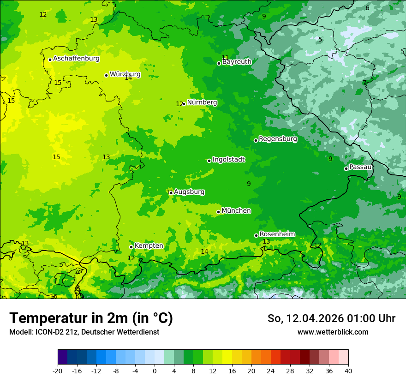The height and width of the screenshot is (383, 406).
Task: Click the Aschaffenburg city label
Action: click(x=76, y=59)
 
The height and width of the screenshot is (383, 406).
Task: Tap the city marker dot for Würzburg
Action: click(x=106, y=75)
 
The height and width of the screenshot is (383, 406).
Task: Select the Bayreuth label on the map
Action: click(x=237, y=62)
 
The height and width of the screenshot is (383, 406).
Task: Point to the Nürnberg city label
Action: click(x=202, y=102)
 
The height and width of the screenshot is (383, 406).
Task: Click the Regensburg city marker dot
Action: click(x=256, y=140)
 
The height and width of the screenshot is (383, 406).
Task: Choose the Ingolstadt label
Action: click(x=228, y=160)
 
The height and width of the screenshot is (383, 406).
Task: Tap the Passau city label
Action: click(x=360, y=167)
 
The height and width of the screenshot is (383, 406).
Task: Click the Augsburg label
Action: click(x=189, y=192)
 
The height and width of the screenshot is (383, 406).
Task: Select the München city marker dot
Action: click(x=218, y=212)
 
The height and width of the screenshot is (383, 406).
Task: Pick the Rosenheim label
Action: click(x=277, y=234)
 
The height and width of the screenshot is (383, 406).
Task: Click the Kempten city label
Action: click(x=149, y=246)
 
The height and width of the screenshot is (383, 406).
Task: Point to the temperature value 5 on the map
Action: click(x=320, y=39)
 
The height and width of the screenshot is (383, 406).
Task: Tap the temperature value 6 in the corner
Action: click(x=367, y=8)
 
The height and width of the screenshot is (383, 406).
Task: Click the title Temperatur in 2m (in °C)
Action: click(x=91, y=318)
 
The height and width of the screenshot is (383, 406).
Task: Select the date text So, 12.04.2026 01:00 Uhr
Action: click(x=331, y=318)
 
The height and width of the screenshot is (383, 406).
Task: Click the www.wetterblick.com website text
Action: click(x=333, y=332)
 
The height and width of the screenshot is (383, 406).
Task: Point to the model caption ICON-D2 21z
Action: click(x=84, y=332)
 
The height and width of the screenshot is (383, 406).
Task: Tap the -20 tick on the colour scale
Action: click(x=58, y=371)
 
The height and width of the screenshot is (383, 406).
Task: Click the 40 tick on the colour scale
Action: click(x=348, y=371)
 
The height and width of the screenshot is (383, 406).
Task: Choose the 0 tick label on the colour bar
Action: click(x=155, y=371)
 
